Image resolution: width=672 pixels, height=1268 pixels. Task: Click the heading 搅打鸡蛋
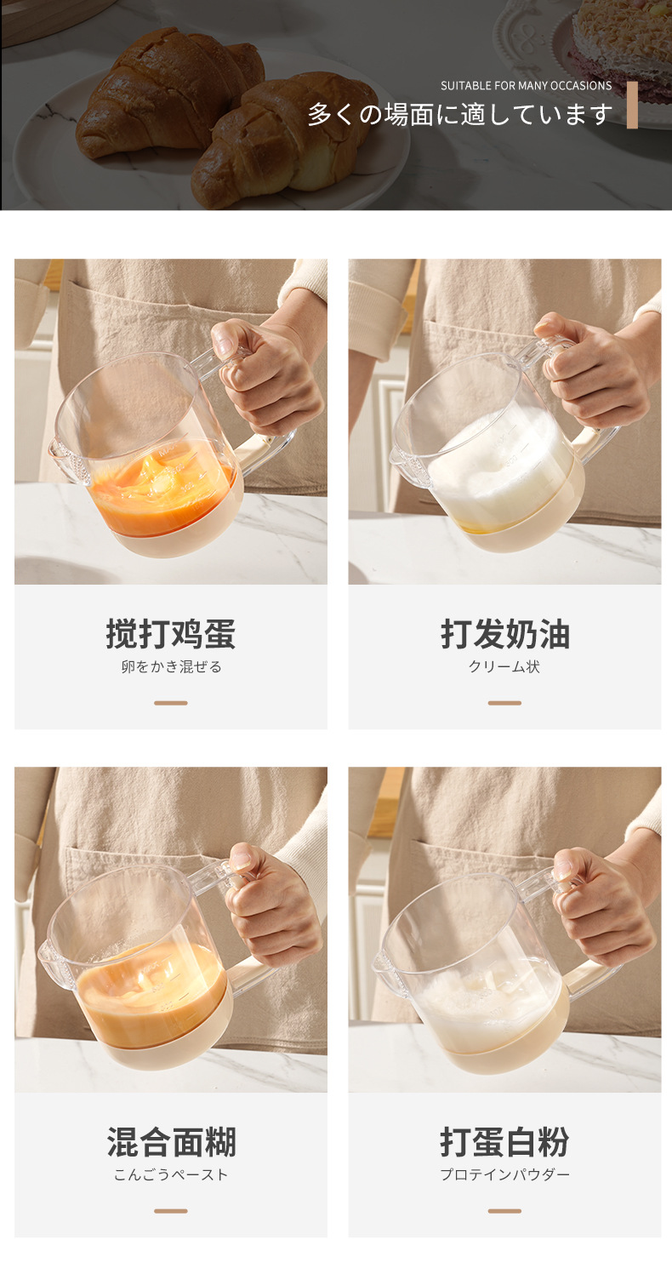tap(170, 635)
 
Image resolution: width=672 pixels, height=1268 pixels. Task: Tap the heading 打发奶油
tap(504, 635)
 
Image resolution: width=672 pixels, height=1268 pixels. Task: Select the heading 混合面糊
tap(170, 1142)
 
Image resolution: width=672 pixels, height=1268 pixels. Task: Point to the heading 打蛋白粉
tap(504, 1142)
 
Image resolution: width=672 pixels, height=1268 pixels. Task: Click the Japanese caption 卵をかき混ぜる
tap(171, 667)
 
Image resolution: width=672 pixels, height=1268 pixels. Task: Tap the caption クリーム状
tap(504, 667)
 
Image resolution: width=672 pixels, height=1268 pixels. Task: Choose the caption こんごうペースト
tap(171, 1175)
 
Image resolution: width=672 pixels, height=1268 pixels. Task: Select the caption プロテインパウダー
tap(504, 1175)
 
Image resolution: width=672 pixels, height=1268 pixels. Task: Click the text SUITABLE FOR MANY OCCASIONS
tap(526, 86)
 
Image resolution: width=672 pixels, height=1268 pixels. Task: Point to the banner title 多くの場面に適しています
tap(459, 114)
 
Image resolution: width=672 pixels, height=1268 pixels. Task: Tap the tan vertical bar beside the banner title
tap(632, 106)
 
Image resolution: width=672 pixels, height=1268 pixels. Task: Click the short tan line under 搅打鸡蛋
tap(171, 703)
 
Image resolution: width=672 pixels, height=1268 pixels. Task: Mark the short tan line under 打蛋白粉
tap(504, 1211)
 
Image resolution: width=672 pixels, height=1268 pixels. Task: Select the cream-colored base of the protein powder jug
tap(510, 1051)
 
